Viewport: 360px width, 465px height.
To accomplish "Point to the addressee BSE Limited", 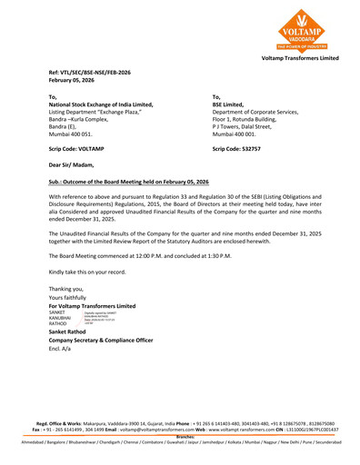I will [x=231, y=104].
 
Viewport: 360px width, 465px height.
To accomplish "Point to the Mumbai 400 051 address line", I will [x=74, y=134].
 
